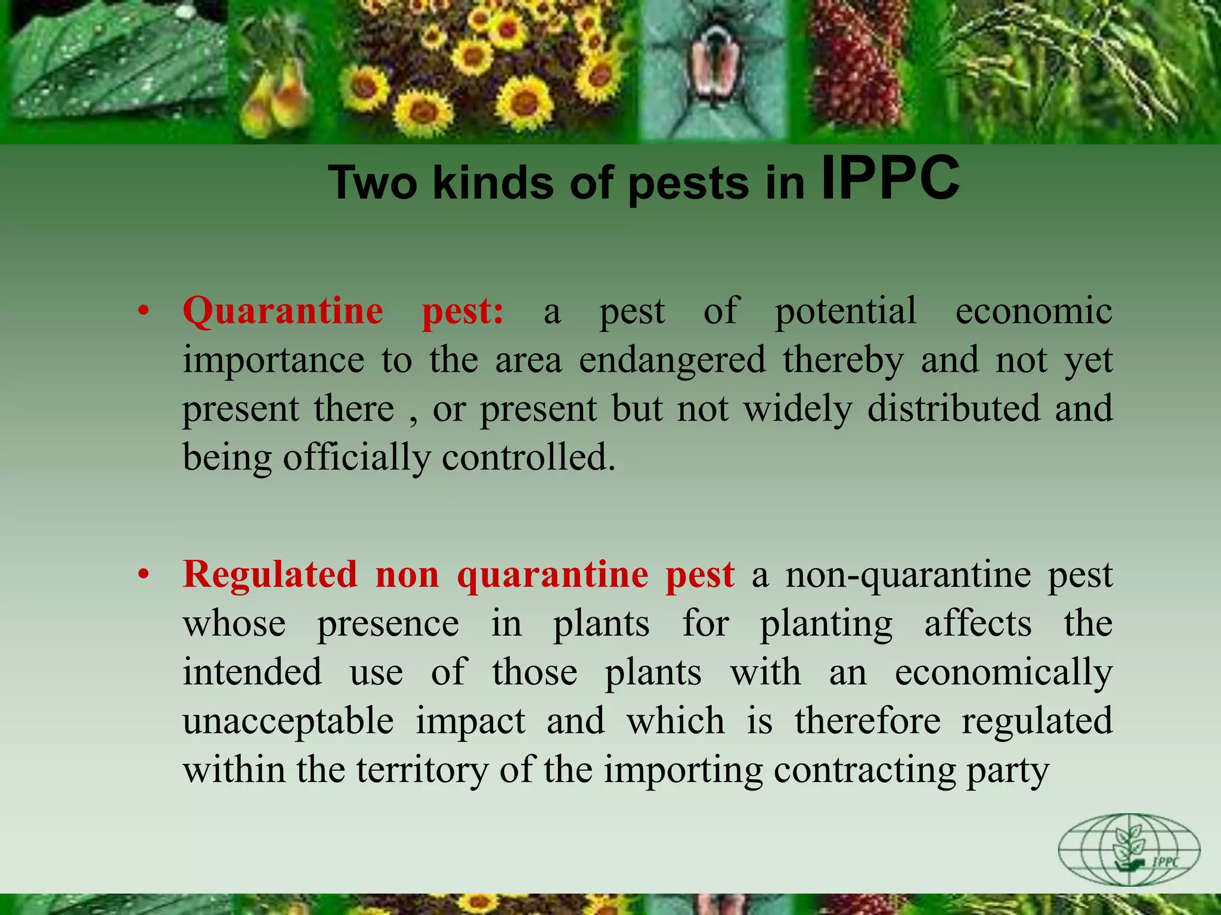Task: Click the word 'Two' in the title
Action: click(x=373, y=182)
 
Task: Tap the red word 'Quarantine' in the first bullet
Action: click(x=283, y=311)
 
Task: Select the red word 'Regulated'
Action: click(x=270, y=575)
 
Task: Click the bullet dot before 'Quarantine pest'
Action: click(x=143, y=311)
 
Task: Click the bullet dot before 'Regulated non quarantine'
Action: click(x=143, y=575)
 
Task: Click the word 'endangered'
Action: click(x=673, y=360)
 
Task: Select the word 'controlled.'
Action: click(x=528, y=457)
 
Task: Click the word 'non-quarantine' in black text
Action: click(x=908, y=576)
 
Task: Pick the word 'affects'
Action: click(x=978, y=624)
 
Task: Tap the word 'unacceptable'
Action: click(x=289, y=721)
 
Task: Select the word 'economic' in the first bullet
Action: click(x=1033, y=311)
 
